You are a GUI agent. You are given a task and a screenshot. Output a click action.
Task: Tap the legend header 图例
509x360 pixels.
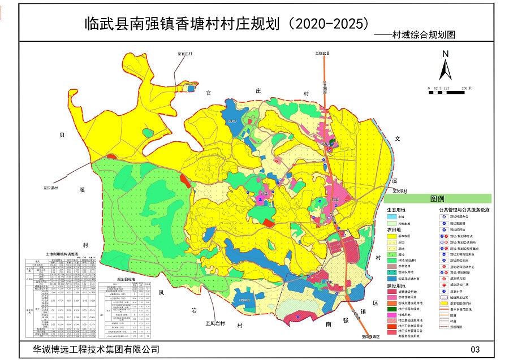point(437,199)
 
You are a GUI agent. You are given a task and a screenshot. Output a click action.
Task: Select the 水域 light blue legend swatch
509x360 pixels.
point(391,216)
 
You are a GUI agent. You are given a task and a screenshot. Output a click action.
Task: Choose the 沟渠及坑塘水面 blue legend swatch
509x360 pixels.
point(391,279)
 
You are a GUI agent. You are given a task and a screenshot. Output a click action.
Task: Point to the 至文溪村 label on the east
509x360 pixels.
point(399,191)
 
